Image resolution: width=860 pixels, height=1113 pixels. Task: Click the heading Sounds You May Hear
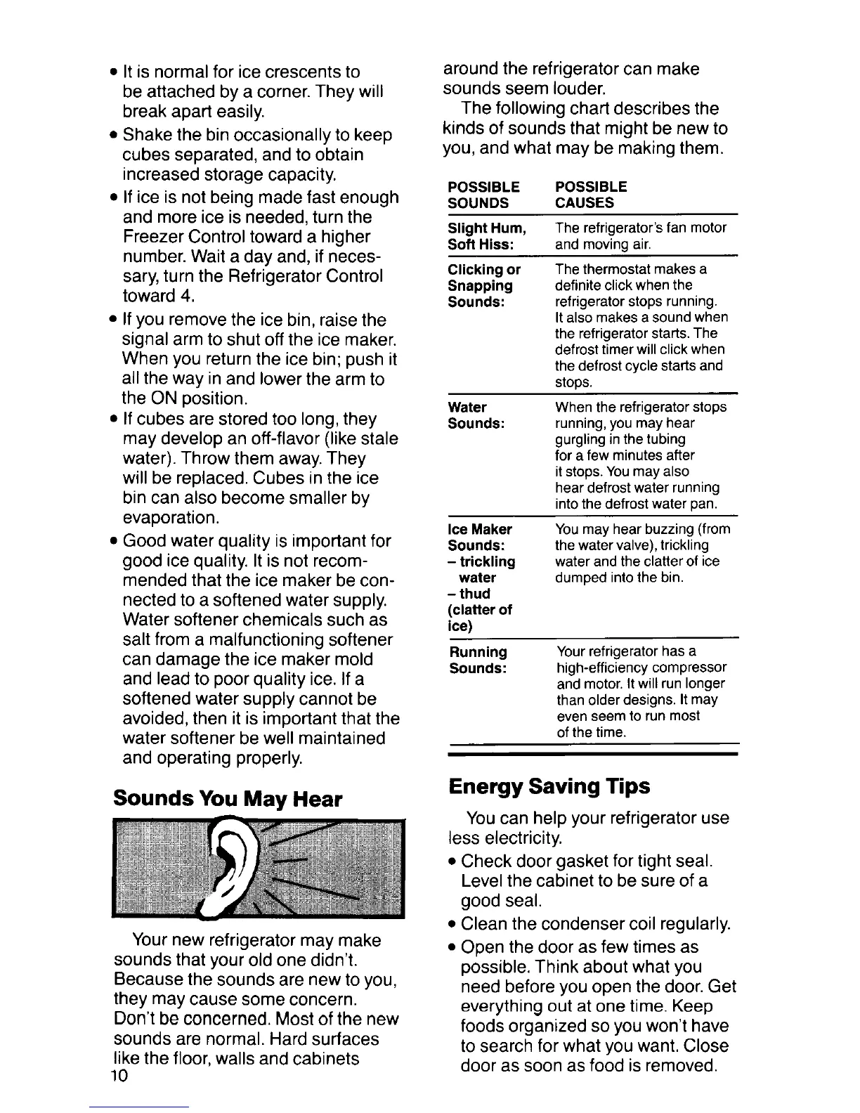[x=228, y=799]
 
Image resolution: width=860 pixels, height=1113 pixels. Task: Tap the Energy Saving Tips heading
[x=549, y=786]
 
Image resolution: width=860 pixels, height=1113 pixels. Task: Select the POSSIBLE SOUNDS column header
[x=484, y=195]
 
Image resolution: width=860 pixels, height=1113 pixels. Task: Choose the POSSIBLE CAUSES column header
[x=591, y=195]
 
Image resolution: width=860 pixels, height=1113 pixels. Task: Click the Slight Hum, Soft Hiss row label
[x=487, y=236]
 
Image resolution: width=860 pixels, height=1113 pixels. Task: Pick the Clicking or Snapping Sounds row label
[x=484, y=285]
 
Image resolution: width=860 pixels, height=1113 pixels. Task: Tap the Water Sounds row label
[x=476, y=415]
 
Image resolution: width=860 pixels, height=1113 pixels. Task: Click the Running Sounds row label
[x=478, y=660]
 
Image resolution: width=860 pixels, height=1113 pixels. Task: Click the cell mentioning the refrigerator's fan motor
[x=640, y=236]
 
